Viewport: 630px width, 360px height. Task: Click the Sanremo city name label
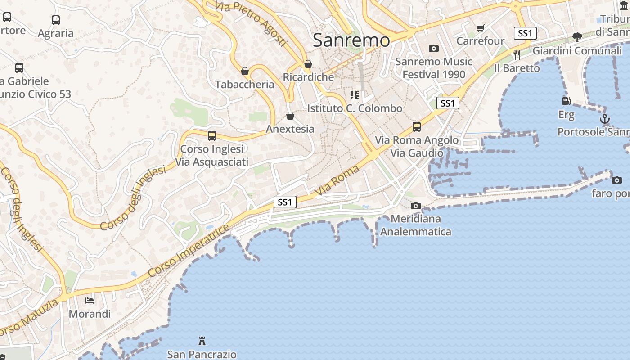(x=351, y=40)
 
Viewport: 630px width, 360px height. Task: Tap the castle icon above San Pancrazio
(x=202, y=341)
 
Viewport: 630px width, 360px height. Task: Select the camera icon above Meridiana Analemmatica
(x=415, y=206)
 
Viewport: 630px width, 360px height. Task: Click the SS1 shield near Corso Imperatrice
(x=285, y=202)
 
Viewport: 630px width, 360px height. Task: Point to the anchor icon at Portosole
(x=605, y=119)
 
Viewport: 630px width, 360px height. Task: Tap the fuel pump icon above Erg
(x=566, y=101)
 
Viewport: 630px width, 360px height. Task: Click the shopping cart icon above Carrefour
(x=480, y=28)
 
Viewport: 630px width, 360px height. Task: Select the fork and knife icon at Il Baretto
(x=517, y=55)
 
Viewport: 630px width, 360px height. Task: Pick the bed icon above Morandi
(x=90, y=300)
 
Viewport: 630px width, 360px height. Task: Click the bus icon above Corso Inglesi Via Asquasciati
(x=211, y=135)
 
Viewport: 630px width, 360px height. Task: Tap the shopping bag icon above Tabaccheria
(x=245, y=71)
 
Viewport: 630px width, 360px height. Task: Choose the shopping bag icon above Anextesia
(x=290, y=116)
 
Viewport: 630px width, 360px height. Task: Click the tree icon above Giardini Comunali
(x=577, y=37)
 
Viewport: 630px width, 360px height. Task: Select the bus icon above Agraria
(x=56, y=20)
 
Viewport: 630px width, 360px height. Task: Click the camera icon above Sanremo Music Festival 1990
(x=433, y=48)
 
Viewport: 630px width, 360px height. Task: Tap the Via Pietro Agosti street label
(x=251, y=22)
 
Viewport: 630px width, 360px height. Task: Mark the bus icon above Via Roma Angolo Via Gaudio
(x=417, y=127)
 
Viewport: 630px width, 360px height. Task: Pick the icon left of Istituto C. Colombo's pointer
(x=355, y=95)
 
